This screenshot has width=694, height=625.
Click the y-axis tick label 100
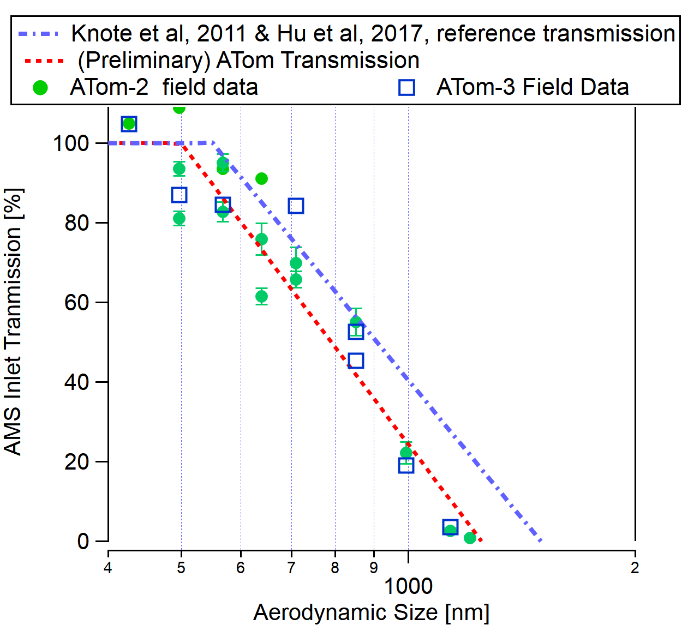tap(71, 143)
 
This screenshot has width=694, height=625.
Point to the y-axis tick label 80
tap(77, 223)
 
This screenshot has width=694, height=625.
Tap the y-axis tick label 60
tap(77, 303)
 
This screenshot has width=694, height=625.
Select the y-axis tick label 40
tap(77, 382)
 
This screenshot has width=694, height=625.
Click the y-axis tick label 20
tap(77, 462)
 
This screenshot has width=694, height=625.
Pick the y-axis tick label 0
tap(83, 542)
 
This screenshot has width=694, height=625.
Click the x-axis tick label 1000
tap(408, 586)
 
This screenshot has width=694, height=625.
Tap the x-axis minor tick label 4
tap(108, 568)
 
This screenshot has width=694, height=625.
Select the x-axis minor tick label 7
tap(291, 568)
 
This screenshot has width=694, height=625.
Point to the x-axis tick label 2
tap(635, 568)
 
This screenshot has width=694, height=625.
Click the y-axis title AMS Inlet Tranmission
tap(13, 322)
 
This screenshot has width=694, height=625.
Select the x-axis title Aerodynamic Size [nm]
tap(371, 612)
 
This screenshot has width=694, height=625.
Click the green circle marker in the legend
tap(40, 87)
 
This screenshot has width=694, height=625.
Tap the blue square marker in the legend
tap(406, 87)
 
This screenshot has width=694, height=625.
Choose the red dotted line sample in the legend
tap(44, 61)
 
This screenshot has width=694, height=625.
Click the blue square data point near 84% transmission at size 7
tap(296, 206)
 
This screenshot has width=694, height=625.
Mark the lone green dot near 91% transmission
tap(261, 178)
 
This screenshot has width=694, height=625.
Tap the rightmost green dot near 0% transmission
tap(470, 538)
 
